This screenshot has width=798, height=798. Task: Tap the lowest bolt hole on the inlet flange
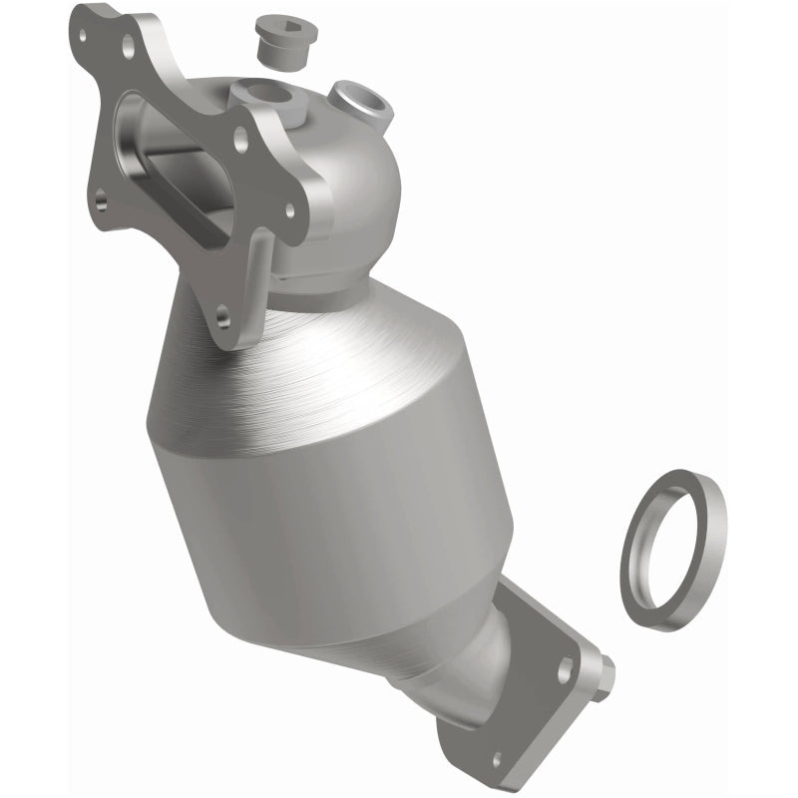(222, 316)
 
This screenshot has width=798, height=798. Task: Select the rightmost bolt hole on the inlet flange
(290, 209)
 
